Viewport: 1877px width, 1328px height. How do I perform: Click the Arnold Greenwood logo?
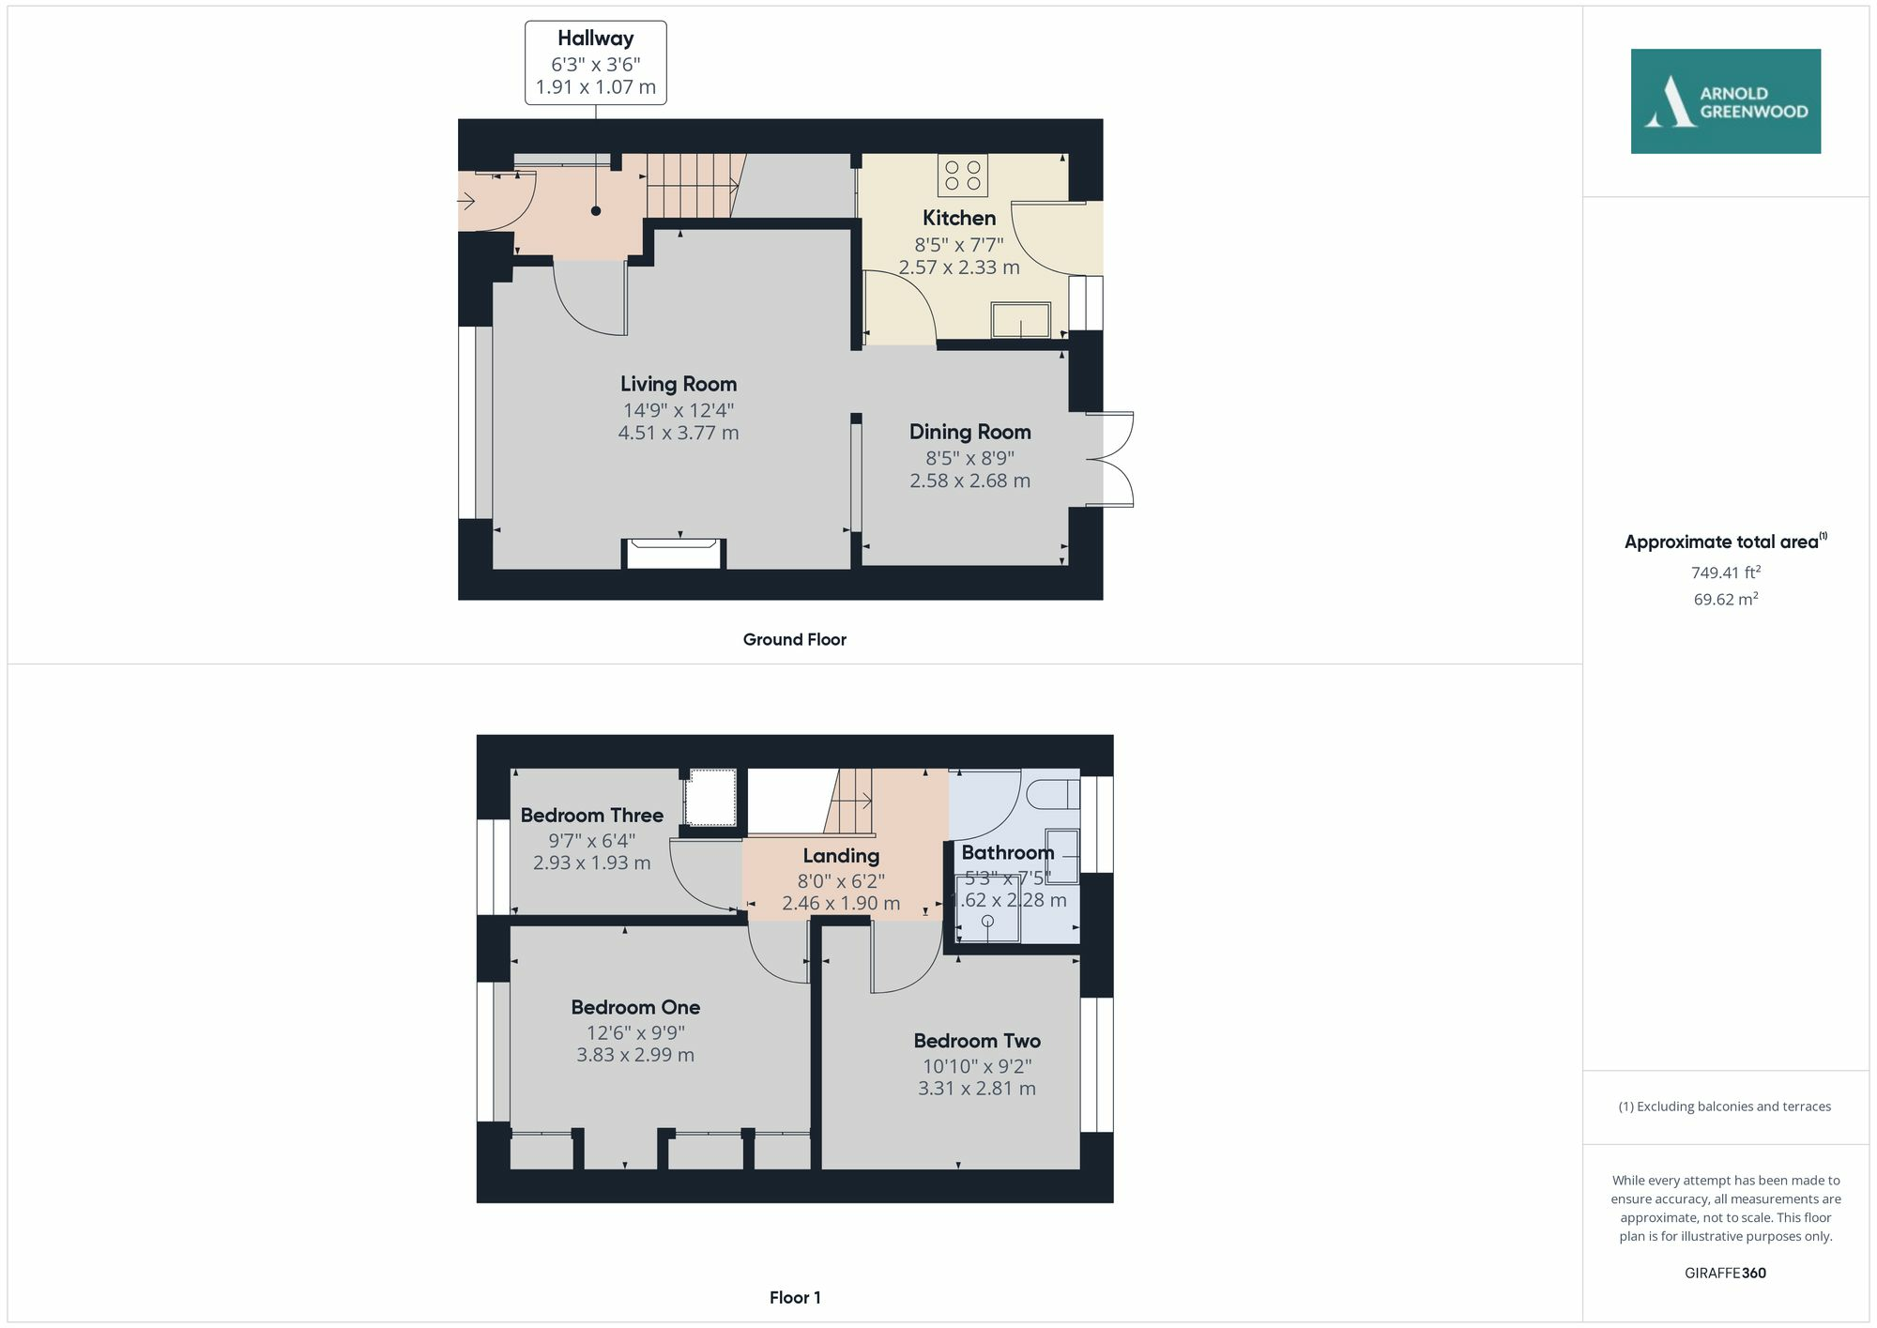click(x=1725, y=101)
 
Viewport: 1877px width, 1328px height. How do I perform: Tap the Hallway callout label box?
click(x=595, y=63)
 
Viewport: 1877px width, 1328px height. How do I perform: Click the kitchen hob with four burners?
click(x=962, y=176)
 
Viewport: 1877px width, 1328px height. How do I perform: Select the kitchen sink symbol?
click(x=1021, y=320)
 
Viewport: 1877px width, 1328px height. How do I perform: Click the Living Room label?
click(x=678, y=384)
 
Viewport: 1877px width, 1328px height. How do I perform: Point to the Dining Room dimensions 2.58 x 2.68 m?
click(x=969, y=481)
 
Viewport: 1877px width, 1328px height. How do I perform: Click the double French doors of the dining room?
click(x=1111, y=460)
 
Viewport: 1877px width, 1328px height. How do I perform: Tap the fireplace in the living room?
click(x=673, y=553)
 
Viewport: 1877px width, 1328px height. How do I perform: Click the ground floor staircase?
click(x=693, y=186)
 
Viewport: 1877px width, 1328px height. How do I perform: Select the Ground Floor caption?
click(x=794, y=639)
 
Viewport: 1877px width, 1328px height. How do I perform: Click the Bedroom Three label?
click(x=591, y=815)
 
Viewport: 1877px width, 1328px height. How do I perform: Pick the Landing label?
click(x=841, y=855)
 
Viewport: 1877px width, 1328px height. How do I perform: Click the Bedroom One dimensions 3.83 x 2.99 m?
click(x=635, y=1055)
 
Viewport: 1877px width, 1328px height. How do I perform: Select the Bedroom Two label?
click(x=976, y=1041)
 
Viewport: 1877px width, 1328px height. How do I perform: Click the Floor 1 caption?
click(x=794, y=1297)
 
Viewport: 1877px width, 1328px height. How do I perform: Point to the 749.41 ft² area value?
click(x=1725, y=572)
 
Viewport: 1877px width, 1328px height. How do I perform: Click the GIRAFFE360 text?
click(x=1725, y=1273)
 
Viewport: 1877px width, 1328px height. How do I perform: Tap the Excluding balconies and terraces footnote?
click(x=1725, y=1107)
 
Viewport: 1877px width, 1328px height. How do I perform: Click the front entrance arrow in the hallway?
click(x=466, y=201)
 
